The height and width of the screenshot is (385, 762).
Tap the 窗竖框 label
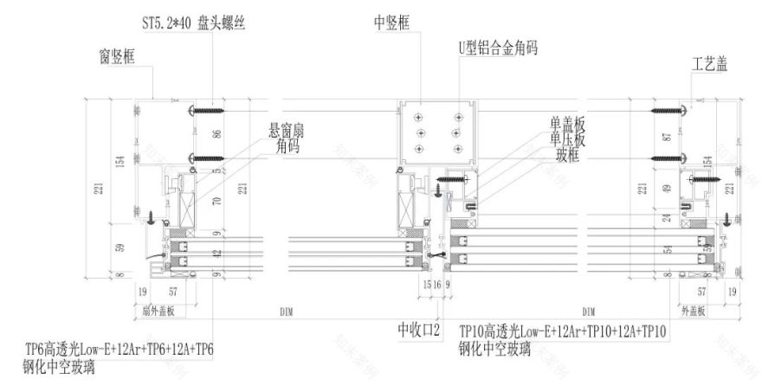pos(119,60)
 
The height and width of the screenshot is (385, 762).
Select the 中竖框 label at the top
pos(391,22)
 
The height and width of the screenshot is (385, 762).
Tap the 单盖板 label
pos(567,123)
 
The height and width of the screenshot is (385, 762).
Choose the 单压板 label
pos(567,137)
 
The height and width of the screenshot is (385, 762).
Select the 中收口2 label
pos(420,330)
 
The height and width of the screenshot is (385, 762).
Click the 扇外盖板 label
pos(158,310)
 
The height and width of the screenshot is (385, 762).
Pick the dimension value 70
pos(217,204)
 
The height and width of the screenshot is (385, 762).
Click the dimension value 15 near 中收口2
pos(427,283)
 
